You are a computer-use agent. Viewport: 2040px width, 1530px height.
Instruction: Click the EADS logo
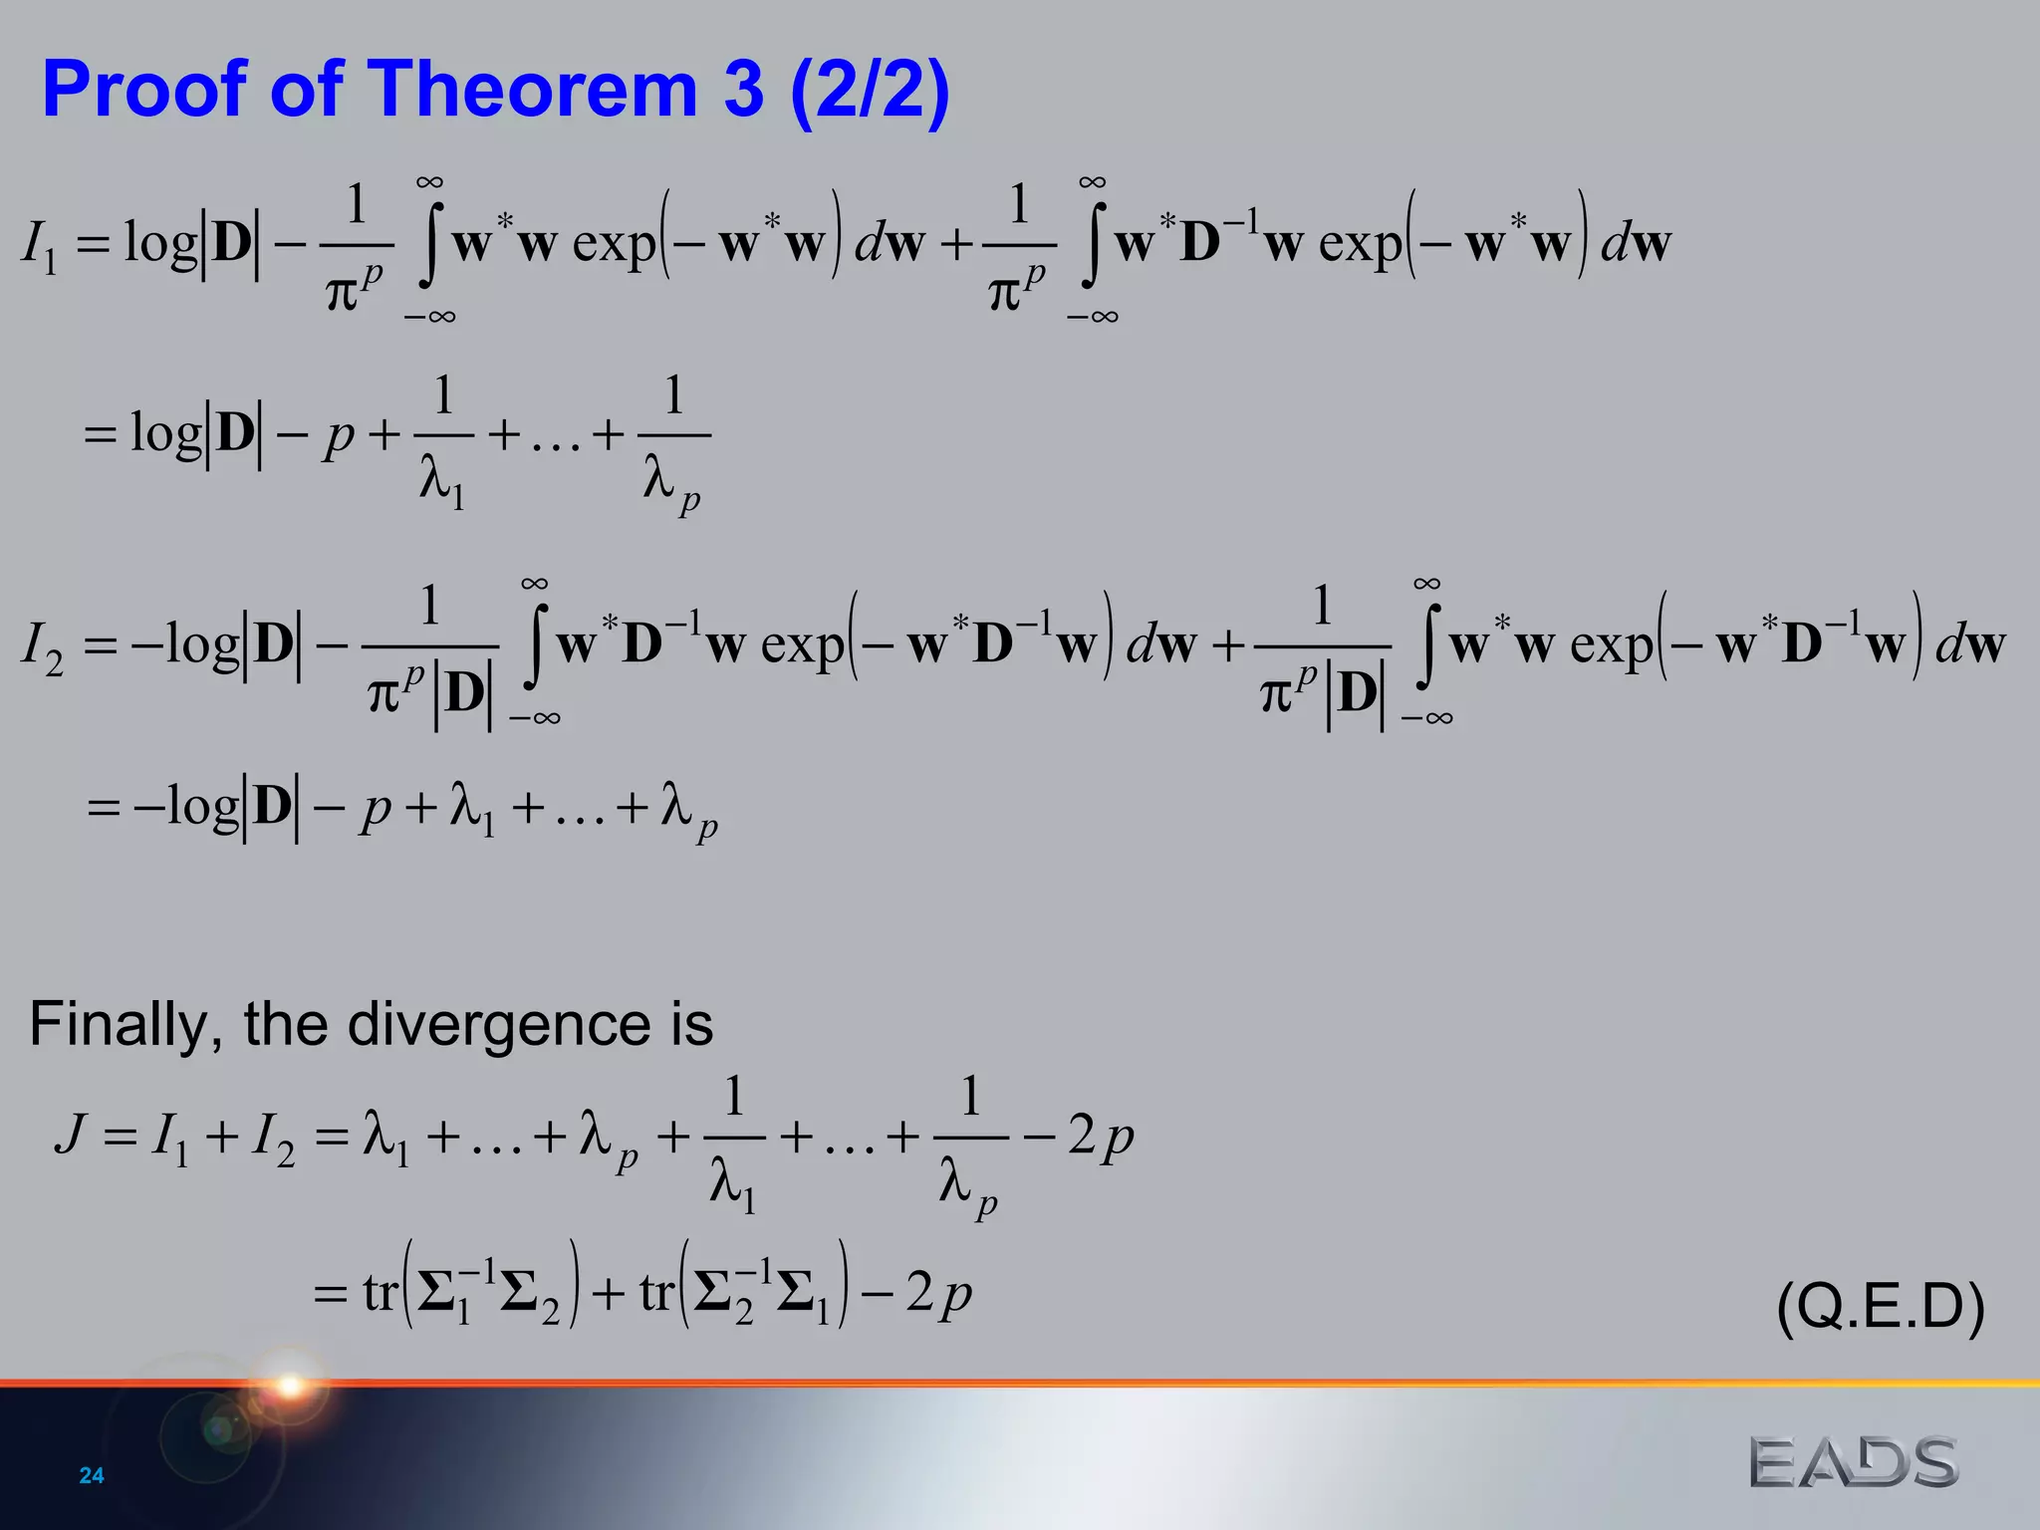pyautogui.click(x=1854, y=1462)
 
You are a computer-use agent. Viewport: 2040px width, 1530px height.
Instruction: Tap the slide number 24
pyautogui.click(x=92, y=1475)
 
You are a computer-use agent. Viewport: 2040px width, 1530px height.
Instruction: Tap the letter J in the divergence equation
pyautogui.click(x=71, y=1135)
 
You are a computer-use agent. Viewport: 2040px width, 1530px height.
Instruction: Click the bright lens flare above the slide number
pyautogui.click(x=290, y=1385)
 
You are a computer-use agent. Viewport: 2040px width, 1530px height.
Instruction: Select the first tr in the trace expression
pyautogui.click(x=381, y=1293)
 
